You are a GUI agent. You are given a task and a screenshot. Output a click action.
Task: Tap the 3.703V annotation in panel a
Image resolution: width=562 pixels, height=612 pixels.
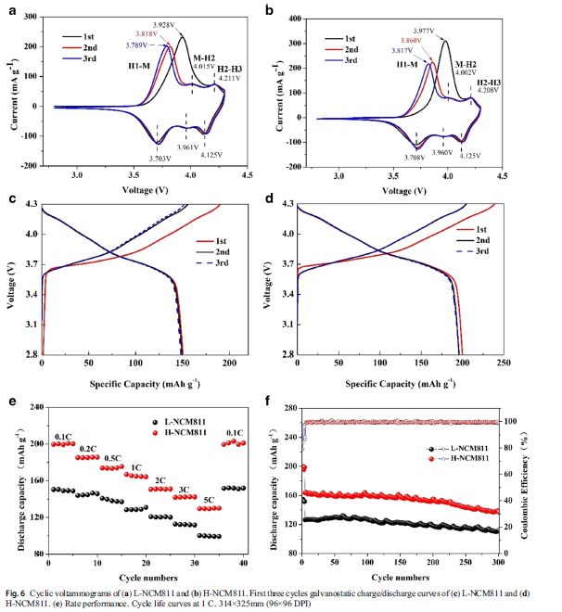(158, 159)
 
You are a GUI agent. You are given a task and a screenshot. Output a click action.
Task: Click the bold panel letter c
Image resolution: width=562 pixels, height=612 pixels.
(11, 199)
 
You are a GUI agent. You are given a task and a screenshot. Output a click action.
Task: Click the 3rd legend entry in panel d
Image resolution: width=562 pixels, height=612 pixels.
(479, 251)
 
